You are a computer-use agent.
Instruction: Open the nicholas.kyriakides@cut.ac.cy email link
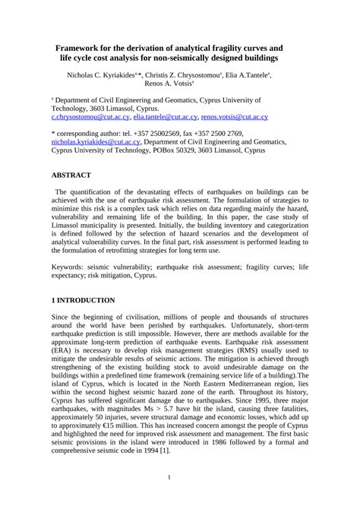click(x=96, y=142)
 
